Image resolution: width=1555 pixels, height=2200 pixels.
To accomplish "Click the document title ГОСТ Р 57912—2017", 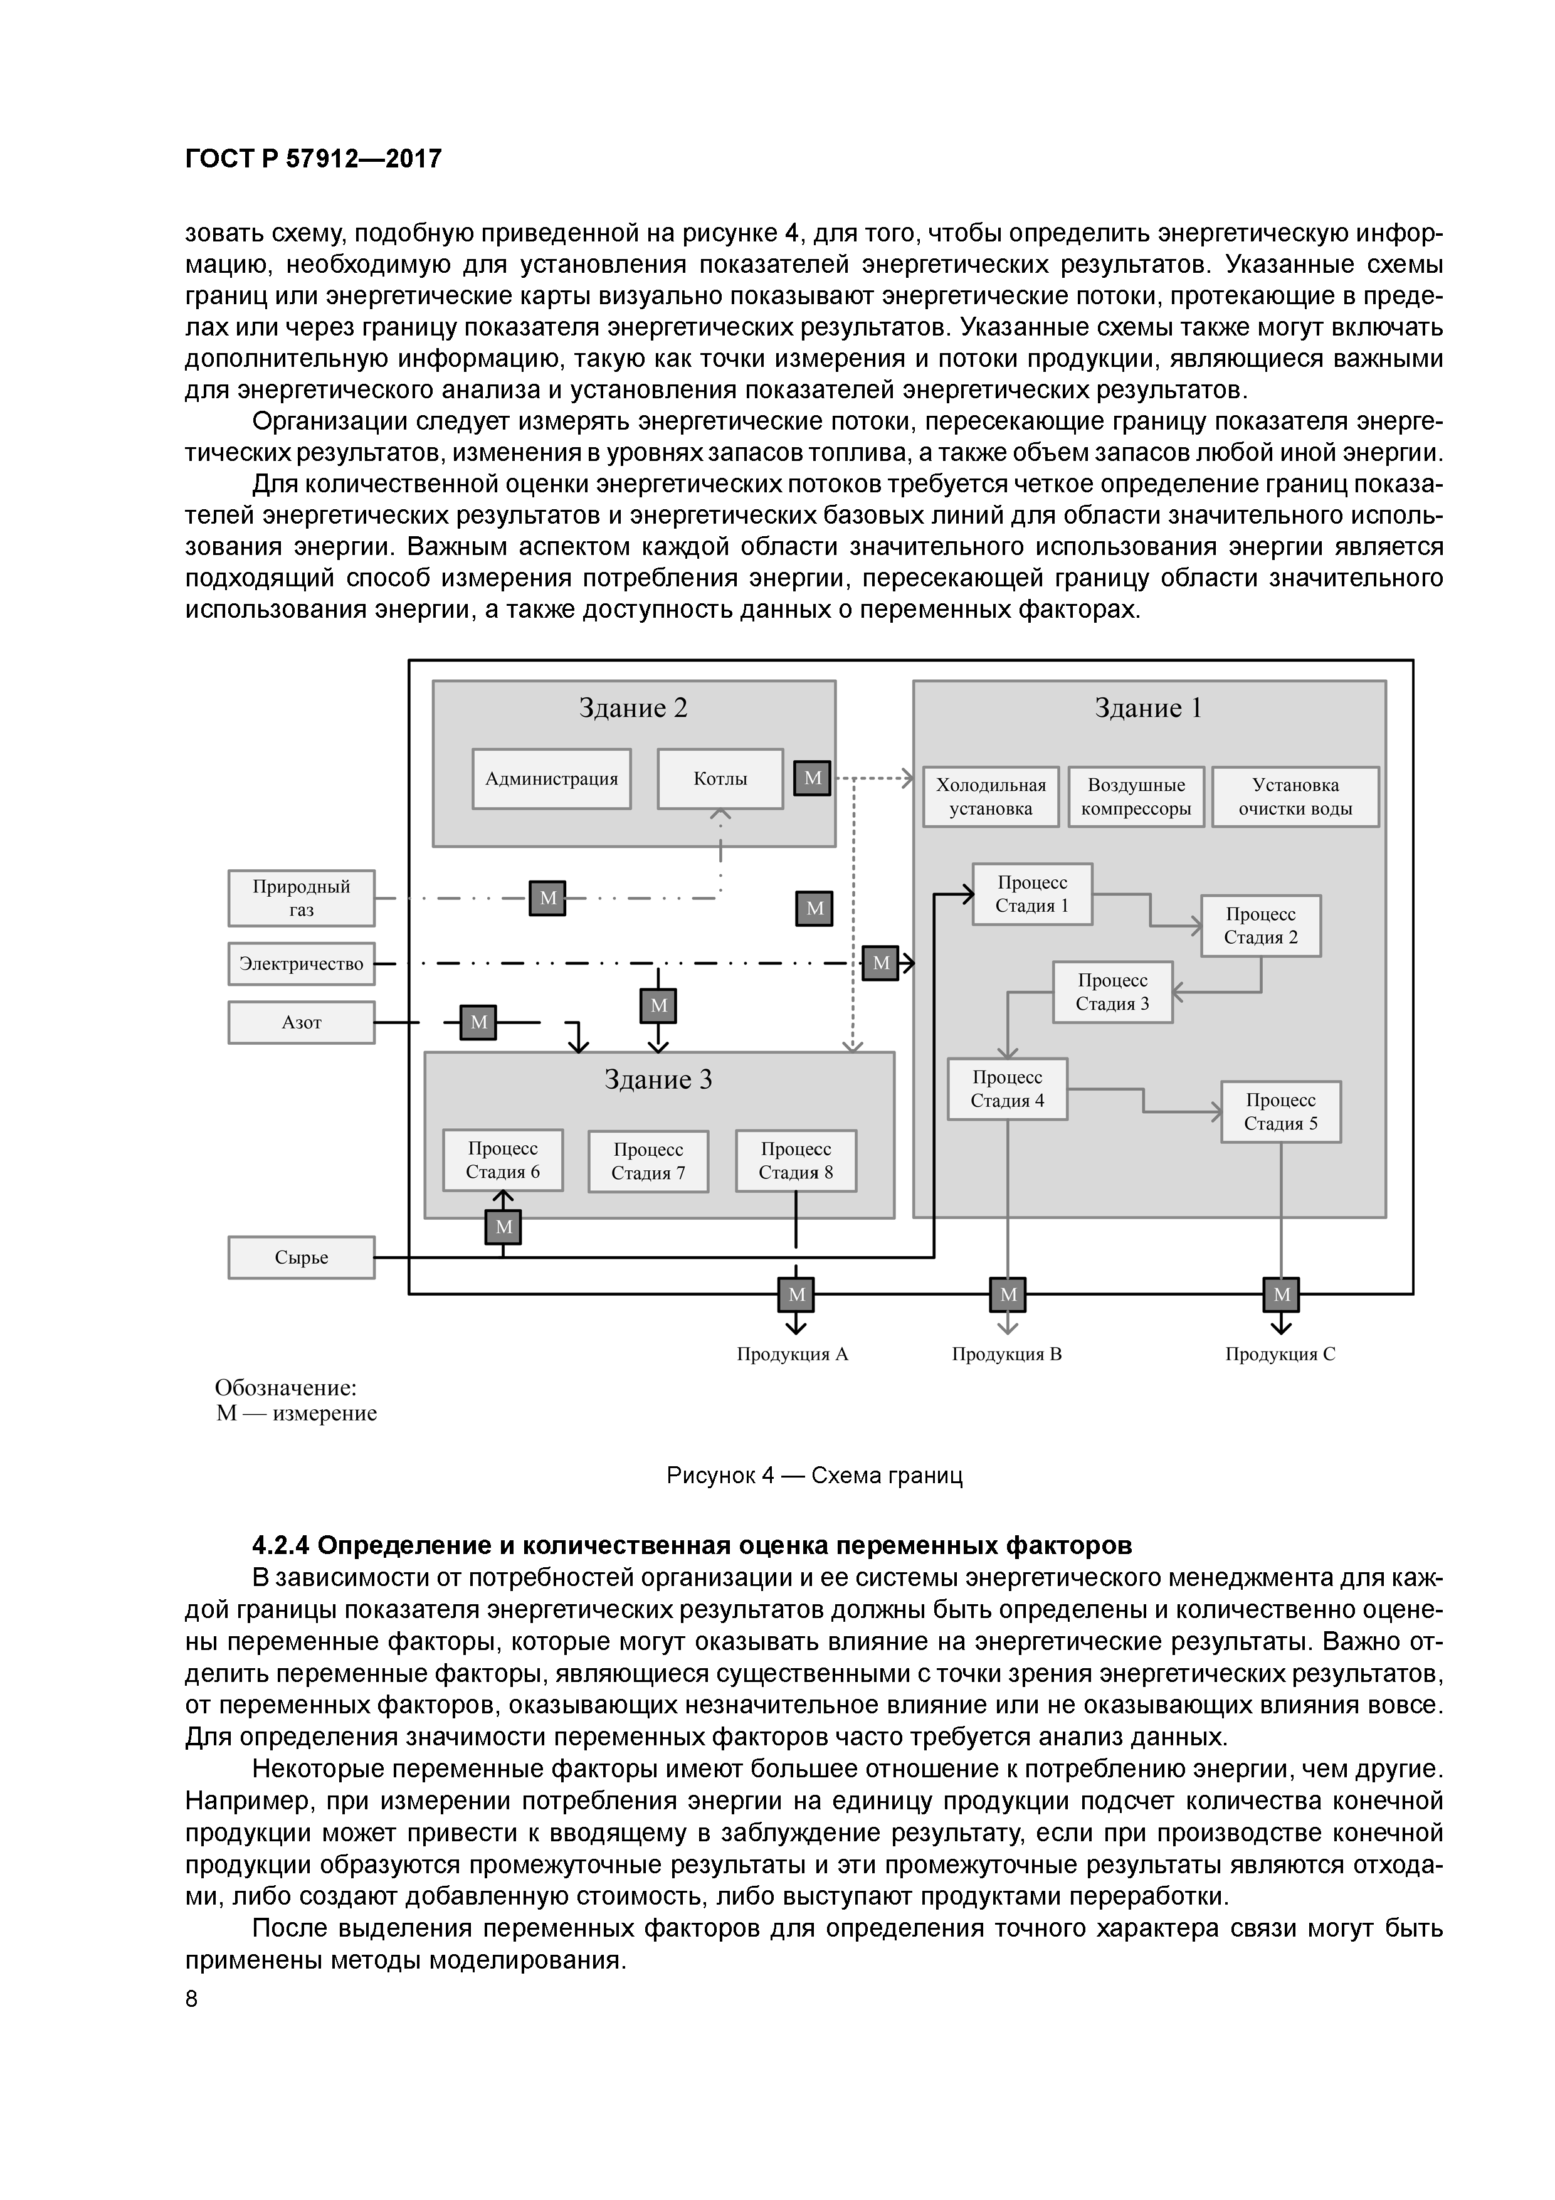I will pos(314,159).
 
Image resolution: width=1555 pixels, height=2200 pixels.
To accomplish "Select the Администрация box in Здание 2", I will pos(551,779).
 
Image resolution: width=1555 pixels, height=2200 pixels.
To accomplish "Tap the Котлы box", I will pos(720,779).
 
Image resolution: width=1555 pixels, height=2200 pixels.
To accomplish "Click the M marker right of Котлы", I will pos(813,778).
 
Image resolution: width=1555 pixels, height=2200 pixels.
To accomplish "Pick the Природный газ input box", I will pos(301,898).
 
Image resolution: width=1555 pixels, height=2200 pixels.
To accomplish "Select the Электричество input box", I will pos(301,964).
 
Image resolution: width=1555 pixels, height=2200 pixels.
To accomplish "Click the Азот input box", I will pos(301,1022).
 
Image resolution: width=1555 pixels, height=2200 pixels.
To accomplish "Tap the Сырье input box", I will pos(301,1257).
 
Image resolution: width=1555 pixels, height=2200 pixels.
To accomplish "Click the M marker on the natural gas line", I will pos(548,898).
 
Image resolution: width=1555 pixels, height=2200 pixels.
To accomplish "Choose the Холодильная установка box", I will pos(991,796).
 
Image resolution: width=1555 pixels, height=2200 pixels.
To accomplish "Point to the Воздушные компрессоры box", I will pos(1136,796).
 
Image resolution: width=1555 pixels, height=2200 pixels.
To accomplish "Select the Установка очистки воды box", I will pos(1295,796).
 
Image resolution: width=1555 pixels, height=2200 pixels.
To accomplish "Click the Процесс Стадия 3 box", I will pos(1112,992).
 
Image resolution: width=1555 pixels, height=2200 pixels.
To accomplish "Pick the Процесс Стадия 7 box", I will pos(648,1161).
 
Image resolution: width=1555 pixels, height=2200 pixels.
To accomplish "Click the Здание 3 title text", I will pos(658,1080).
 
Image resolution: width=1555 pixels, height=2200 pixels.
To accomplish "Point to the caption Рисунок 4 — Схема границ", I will pos(814,1476).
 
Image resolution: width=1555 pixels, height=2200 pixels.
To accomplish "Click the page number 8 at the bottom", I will pos(192,1999).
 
